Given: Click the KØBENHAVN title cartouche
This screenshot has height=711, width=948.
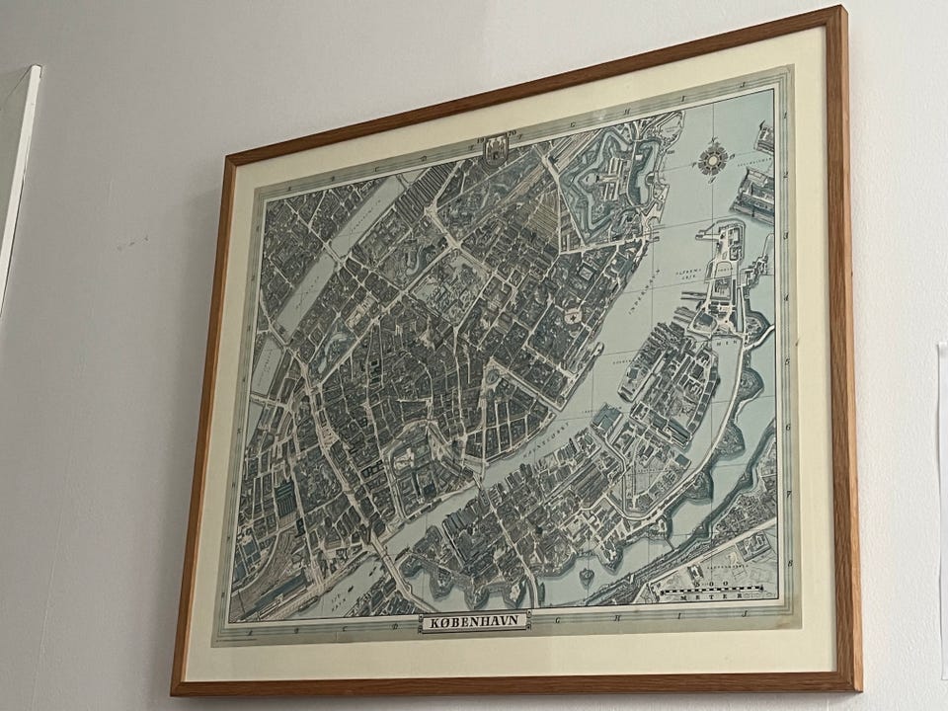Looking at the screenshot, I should click(474, 622).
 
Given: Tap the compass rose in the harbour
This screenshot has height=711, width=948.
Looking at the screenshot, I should click(711, 159).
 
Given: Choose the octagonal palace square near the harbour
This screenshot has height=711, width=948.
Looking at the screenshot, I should click(571, 315).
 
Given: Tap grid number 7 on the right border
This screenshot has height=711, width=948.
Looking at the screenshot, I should click(787, 490).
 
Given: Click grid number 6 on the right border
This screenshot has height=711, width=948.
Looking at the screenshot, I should click(787, 427).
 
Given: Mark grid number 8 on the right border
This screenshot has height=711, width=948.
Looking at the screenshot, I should click(788, 555).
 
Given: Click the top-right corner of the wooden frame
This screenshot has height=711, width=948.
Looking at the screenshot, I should click(841, 10).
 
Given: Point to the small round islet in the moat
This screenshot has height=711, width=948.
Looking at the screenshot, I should click(587, 573).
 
